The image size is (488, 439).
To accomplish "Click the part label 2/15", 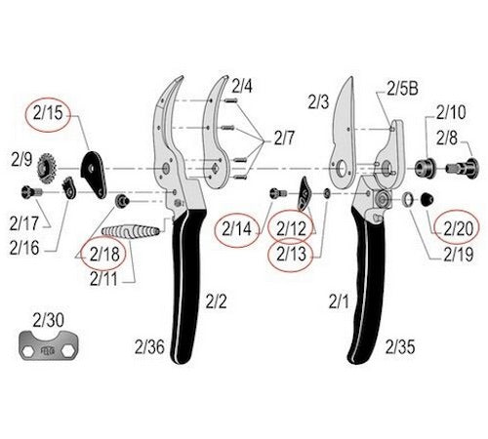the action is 48,113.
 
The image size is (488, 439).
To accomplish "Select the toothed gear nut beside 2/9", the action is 47,169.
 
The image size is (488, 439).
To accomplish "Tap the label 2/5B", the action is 402,88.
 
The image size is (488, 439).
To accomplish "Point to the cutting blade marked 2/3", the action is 343,137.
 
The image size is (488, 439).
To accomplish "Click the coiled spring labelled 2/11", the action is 131,231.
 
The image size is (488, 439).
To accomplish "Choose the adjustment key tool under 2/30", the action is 49,345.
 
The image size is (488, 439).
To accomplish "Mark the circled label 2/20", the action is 458,228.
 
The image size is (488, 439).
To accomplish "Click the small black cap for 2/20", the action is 427,199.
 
